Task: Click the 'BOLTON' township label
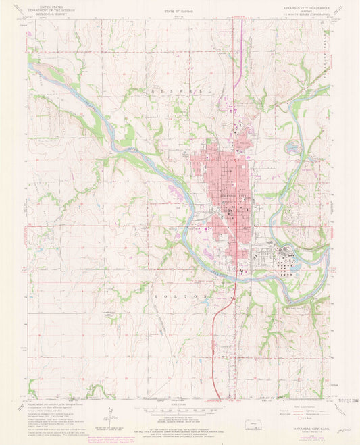178,296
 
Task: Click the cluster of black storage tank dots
287,259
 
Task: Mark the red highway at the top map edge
234,21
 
